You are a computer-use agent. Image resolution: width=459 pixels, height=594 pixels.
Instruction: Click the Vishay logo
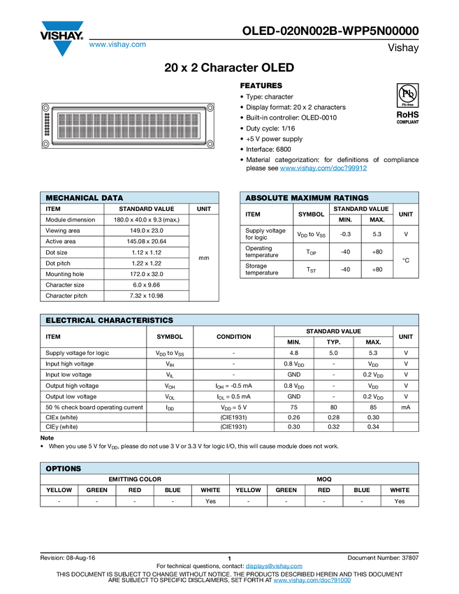pos(61,38)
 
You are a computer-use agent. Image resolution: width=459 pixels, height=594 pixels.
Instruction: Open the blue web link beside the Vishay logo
pos(117,46)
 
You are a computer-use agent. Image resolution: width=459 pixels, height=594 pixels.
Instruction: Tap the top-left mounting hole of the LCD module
pos(46,107)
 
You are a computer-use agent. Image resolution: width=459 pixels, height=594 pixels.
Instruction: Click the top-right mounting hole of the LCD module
pos(209,107)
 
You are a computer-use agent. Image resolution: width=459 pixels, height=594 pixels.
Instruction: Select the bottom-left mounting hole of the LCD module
pos(46,144)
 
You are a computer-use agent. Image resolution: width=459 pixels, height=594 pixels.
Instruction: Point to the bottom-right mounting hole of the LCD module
pos(209,144)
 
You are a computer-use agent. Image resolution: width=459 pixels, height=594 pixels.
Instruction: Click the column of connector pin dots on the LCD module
pos(47,125)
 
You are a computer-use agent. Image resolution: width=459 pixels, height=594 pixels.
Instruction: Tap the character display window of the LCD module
pos(128,126)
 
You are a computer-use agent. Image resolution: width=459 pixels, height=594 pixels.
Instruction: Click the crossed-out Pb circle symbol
pos(407,93)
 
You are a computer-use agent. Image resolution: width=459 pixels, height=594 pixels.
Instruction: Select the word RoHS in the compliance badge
pos(407,114)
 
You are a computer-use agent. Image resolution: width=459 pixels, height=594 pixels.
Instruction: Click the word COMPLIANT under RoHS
pos(407,122)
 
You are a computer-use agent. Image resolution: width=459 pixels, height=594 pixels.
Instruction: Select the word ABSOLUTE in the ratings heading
pos(266,198)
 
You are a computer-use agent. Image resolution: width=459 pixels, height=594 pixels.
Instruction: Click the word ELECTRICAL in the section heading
pos(71,321)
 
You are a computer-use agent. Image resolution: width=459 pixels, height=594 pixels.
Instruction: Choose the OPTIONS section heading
pos(63,469)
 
